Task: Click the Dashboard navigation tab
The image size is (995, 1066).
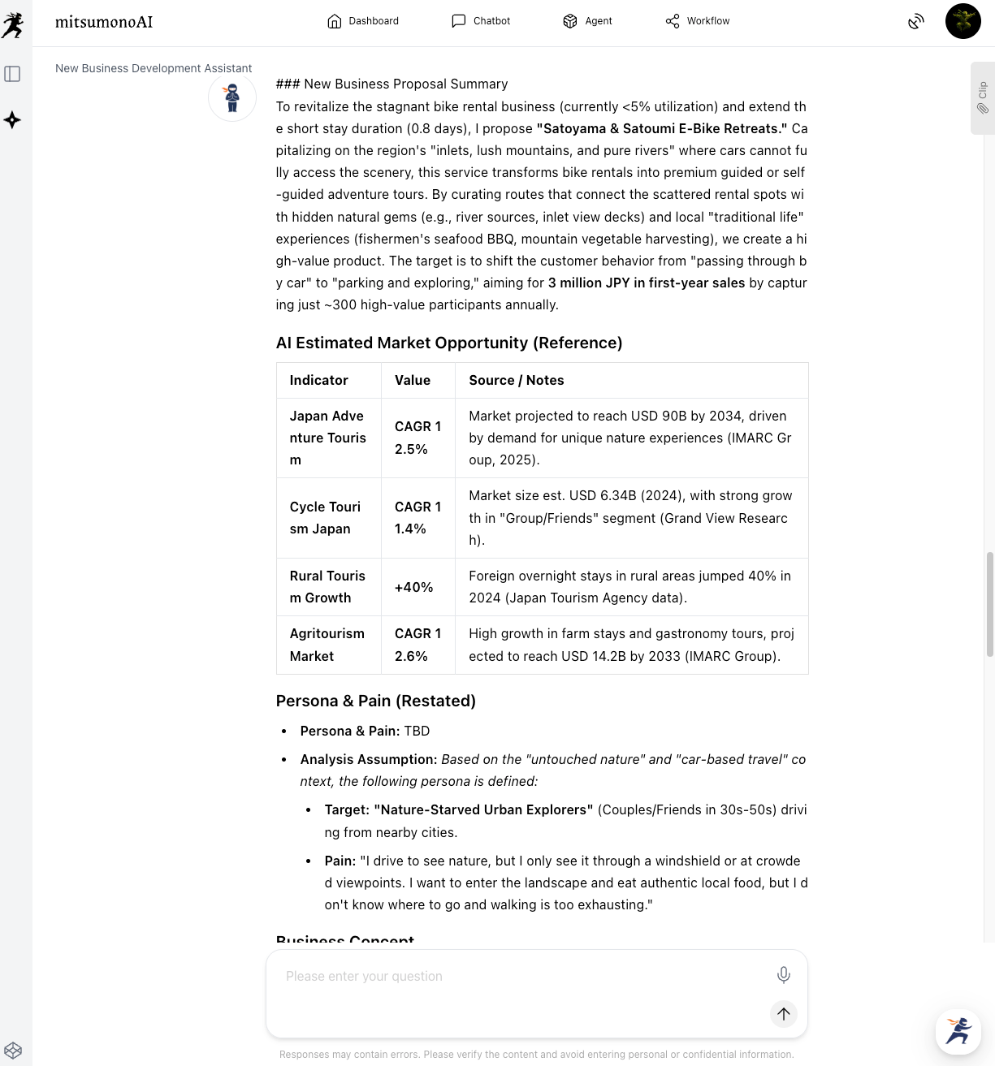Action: pyautogui.click(x=363, y=21)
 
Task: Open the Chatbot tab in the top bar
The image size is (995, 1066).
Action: pyautogui.click(x=481, y=21)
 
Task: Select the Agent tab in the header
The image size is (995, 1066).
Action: pyautogui.click(x=587, y=21)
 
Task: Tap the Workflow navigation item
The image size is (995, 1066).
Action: pyautogui.click(x=698, y=21)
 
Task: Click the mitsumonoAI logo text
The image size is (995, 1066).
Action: pyautogui.click(x=104, y=22)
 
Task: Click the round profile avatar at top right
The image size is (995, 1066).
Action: pyautogui.click(x=963, y=21)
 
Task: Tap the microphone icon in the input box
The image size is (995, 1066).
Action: pyautogui.click(x=783, y=975)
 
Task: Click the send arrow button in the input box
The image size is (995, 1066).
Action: pyautogui.click(x=783, y=1013)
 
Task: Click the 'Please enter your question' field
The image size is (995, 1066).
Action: pyautogui.click(x=520, y=977)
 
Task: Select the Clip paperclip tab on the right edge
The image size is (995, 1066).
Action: pyautogui.click(x=982, y=97)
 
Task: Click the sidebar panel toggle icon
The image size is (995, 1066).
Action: pyautogui.click(x=12, y=74)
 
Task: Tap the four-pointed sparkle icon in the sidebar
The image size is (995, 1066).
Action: pyautogui.click(x=12, y=120)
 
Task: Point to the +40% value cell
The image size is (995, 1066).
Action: pyautogui.click(x=414, y=587)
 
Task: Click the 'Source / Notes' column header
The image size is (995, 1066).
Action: pyautogui.click(x=517, y=380)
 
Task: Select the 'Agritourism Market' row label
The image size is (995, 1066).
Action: pyautogui.click(x=327, y=645)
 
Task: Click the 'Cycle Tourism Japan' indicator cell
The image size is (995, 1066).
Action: pyautogui.click(x=325, y=518)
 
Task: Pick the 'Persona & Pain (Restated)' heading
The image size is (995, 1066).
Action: pyautogui.click(x=376, y=701)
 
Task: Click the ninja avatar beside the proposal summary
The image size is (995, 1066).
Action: pyautogui.click(x=232, y=97)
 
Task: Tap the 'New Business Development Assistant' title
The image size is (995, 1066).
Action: pyautogui.click(x=154, y=68)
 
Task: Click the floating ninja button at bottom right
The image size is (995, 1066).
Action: pyautogui.click(x=958, y=1031)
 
